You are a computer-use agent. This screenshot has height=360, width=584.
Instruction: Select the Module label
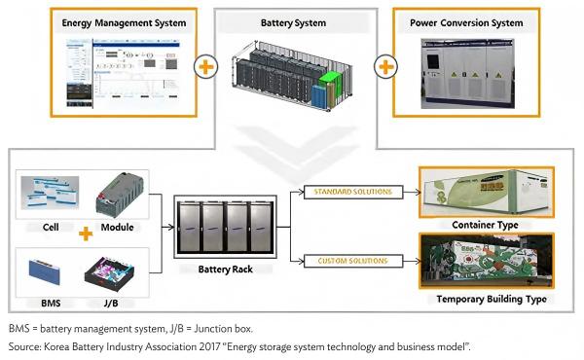(122, 225)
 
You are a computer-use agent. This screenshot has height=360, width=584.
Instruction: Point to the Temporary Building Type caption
(484, 299)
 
